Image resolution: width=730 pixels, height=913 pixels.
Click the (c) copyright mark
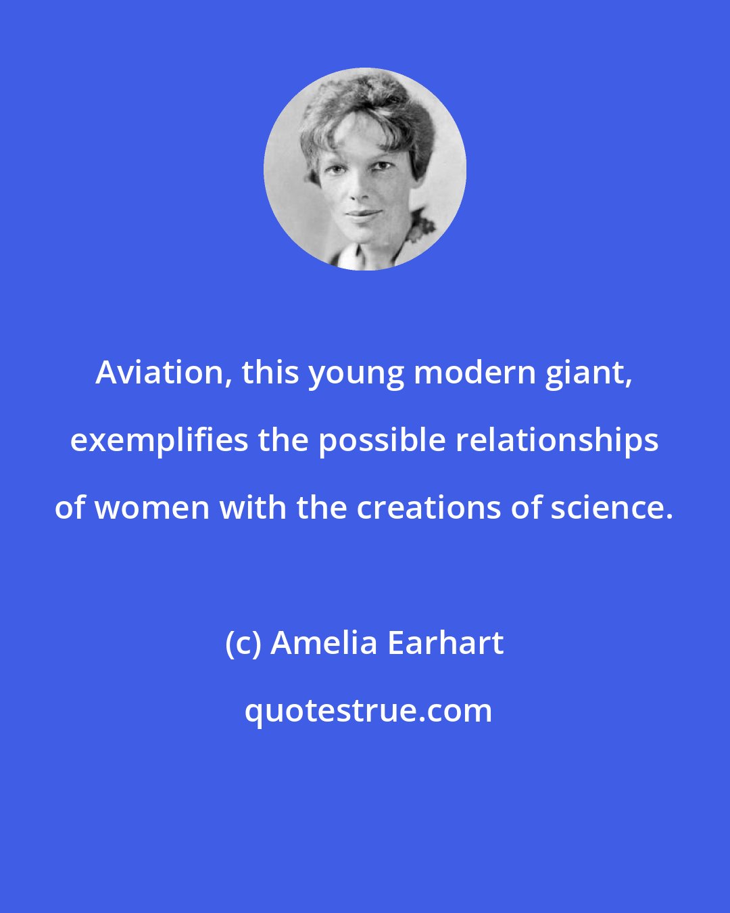[x=243, y=643]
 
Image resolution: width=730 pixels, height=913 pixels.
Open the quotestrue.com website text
[x=368, y=711]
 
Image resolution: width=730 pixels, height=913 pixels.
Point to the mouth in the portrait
[x=363, y=214]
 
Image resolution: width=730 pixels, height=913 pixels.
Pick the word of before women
[x=70, y=508]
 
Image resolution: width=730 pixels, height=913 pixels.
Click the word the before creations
[x=322, y=508]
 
